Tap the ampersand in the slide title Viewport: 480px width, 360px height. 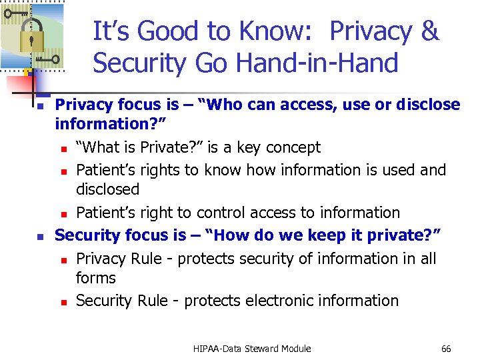coord(430,31)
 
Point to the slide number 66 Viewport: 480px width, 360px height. coord(446,349)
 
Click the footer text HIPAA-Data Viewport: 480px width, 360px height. coord(217,349)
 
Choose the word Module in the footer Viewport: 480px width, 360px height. coord(297,349)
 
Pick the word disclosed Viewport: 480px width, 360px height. coord(107,189)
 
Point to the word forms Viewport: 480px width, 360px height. coord(95,278)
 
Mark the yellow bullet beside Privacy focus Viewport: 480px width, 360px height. coord(40,106)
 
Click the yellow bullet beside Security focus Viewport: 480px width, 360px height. coord(40,236)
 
